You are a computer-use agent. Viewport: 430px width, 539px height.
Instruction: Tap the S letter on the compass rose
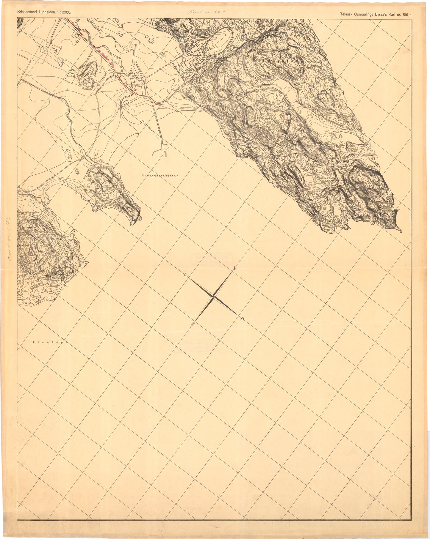point(193,324)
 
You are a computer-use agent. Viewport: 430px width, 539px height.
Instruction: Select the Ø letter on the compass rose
point(243,319)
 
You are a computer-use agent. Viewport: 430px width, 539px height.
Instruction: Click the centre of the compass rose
point(213,296)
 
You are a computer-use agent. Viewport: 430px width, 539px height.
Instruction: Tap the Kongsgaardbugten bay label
point(160,176)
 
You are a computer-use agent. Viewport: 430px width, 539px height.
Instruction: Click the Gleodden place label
point(50,342)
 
